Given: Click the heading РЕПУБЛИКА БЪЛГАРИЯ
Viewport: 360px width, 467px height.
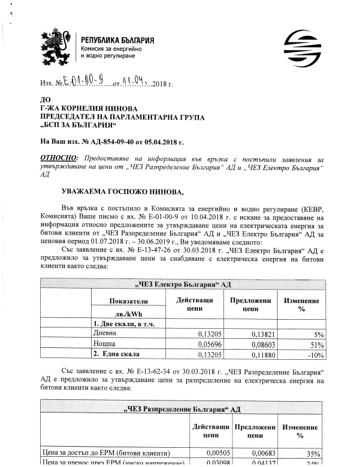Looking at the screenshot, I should coord(117,40).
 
